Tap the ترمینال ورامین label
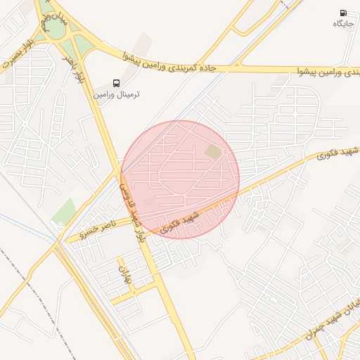click(117, 94)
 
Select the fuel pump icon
click(343, 13)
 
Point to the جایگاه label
click(343, 24)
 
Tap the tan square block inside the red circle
click(212, 152)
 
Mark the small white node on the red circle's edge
click(225, 151)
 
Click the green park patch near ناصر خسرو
click(64, 211)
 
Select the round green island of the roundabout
click(53, 30)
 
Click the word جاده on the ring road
click(219, 68)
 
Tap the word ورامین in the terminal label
click(105, 94)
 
